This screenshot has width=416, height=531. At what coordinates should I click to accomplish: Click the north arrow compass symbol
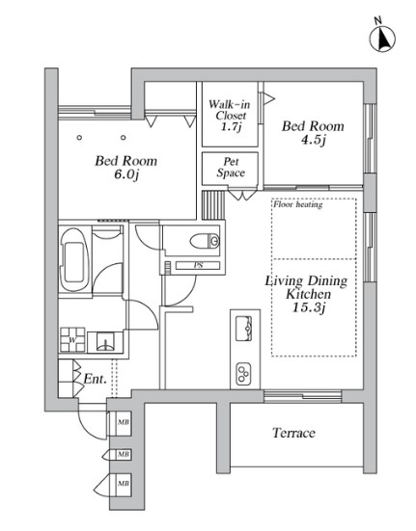382,39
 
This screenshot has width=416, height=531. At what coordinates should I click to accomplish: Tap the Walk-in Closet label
230,115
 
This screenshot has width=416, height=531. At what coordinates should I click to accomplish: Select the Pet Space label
231,168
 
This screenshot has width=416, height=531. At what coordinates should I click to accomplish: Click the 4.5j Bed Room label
313,132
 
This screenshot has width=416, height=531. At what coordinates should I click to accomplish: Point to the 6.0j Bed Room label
126,168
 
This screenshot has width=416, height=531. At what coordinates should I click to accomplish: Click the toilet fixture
205,241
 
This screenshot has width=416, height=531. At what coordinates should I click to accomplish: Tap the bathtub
74,259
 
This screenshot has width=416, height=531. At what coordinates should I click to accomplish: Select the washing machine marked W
72,339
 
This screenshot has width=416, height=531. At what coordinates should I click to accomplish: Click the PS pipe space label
198,266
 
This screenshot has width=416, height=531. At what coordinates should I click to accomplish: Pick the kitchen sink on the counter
244,329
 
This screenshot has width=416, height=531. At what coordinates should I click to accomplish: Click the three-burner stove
244,374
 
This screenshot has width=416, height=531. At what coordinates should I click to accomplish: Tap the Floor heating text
298,204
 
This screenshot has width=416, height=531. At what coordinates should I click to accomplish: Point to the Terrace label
293,433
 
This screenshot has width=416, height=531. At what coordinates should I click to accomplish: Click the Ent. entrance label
95,379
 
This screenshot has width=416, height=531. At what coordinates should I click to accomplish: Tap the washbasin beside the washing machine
106,342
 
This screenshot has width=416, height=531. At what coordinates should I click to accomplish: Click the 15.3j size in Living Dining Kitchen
309,307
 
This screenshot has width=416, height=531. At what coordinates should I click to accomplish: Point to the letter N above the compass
377,20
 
